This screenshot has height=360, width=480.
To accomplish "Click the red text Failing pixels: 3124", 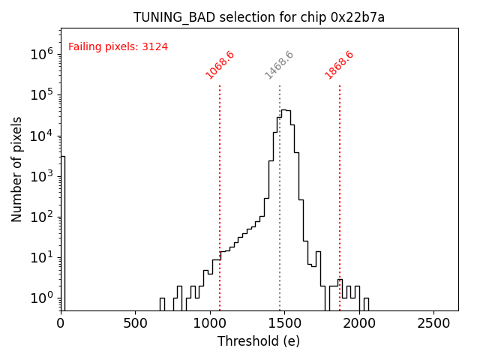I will pos(118,46).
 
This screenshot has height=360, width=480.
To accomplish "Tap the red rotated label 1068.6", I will pos(220,65).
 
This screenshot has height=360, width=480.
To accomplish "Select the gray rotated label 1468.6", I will pos(279,65).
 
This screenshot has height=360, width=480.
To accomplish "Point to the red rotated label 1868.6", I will pos(339,65).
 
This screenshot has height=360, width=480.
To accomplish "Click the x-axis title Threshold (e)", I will pos(259,341).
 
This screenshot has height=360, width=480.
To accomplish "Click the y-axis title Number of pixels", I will pos(17,169).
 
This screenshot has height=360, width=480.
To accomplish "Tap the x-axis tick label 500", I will pos(135,323).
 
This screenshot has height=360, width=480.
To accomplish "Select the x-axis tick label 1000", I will pos(210,323).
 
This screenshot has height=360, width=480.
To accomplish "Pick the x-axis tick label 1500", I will pos(284,323).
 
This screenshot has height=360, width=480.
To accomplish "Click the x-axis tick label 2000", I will pos(359,323).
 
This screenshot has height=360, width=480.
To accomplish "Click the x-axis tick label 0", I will pos(61,323).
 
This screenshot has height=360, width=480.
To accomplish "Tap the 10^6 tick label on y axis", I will pos(41,54).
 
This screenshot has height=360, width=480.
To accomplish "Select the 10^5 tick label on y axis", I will pos(41,94).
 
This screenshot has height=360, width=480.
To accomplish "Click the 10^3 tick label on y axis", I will pos(41,176).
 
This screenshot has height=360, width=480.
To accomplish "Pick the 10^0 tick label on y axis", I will pos(41,298).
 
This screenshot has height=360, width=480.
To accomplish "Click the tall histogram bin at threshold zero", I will pos(63,225).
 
